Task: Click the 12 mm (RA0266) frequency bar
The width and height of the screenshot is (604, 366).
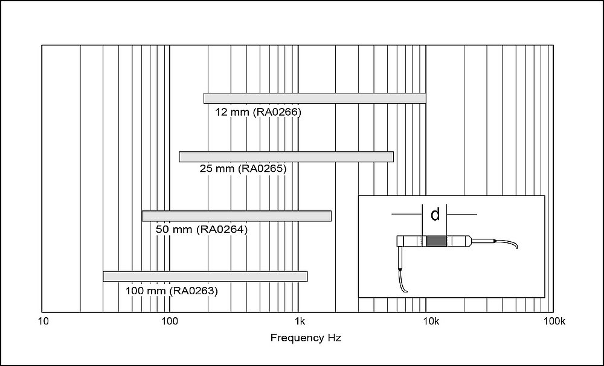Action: click(x=315, y=98)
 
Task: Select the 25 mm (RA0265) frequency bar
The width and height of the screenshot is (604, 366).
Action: click(x=286, y=157)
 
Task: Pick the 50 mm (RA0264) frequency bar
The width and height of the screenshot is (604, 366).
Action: click(x=236, y=216)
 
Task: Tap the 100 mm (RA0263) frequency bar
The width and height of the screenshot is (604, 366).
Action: click(x=205, y=276)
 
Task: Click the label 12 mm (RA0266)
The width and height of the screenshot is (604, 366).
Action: click(x=258, y=112)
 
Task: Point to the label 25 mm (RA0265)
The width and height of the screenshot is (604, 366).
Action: click(x=243, y=169)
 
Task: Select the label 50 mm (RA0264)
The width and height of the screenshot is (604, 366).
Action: click(x=202, y=230)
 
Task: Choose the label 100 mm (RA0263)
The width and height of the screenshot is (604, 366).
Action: click(x=172, y=291)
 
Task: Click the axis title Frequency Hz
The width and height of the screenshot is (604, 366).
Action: click(x=305, y=338)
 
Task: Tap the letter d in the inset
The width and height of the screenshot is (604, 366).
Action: click(x=435, y=215)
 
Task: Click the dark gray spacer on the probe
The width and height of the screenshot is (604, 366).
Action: click(x=435, y=241)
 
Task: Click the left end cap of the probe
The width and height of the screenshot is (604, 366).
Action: click(x=400, y=242)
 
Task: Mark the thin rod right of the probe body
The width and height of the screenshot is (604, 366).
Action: click(x=482, y=241)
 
